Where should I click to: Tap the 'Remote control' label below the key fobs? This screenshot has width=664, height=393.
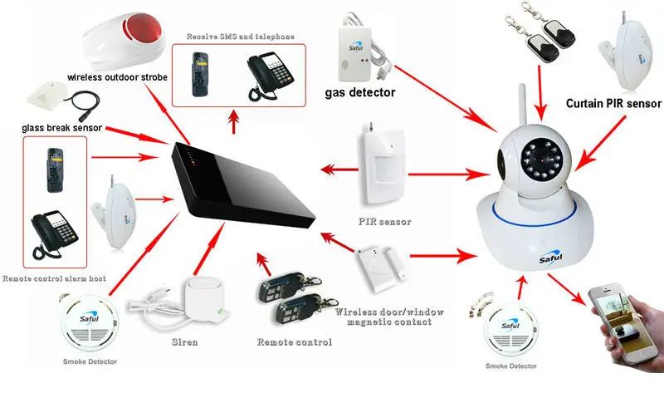[x=294, y=341]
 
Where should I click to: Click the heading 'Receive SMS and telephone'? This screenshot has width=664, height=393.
[x=239, y=37]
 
